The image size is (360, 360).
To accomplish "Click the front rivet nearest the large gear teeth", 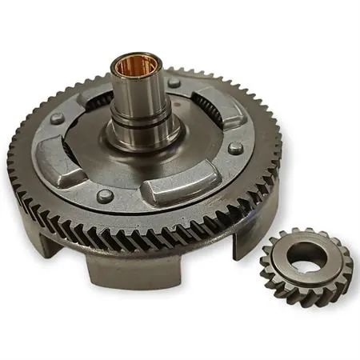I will coord(103,194).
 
